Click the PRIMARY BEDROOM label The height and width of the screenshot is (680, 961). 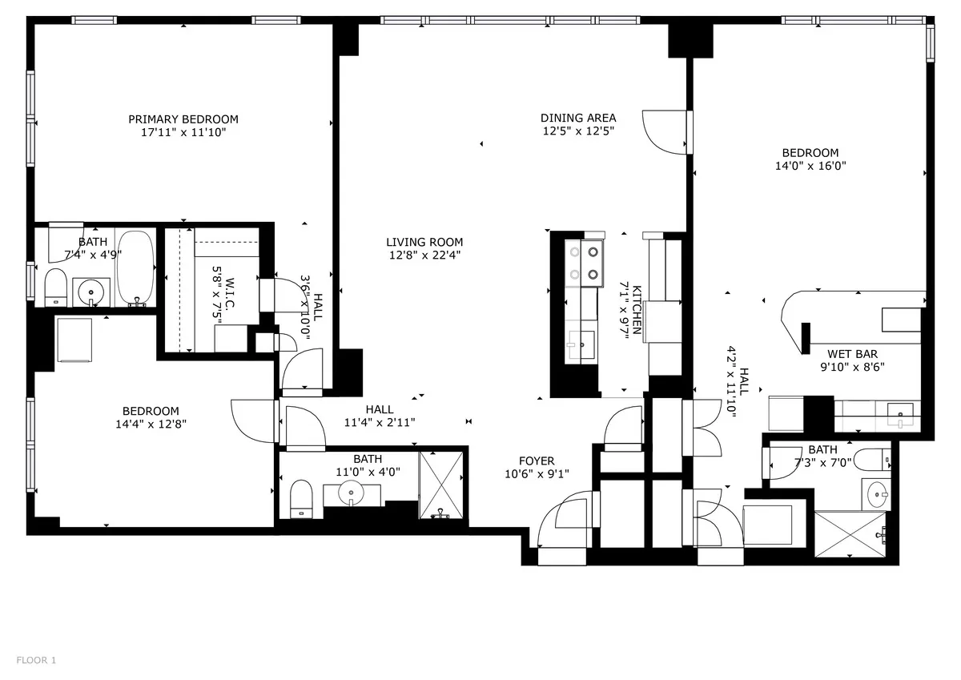[183, 119]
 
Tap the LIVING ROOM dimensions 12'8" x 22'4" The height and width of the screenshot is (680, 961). [424, 256]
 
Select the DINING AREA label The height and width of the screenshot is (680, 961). [577, 118]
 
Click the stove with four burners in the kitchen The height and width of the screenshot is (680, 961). [584, 263]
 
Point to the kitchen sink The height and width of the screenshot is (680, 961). [581, 345]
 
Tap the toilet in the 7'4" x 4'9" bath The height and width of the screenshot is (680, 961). [55, 287]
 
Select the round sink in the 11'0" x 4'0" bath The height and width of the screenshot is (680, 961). [351, 493]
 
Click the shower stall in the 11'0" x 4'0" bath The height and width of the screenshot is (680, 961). [442, 485]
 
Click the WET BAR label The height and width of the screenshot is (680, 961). [852, 353]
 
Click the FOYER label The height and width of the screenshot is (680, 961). [536, 461]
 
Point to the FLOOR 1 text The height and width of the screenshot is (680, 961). [36, 661]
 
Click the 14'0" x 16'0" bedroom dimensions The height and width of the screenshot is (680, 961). [810, 166]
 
